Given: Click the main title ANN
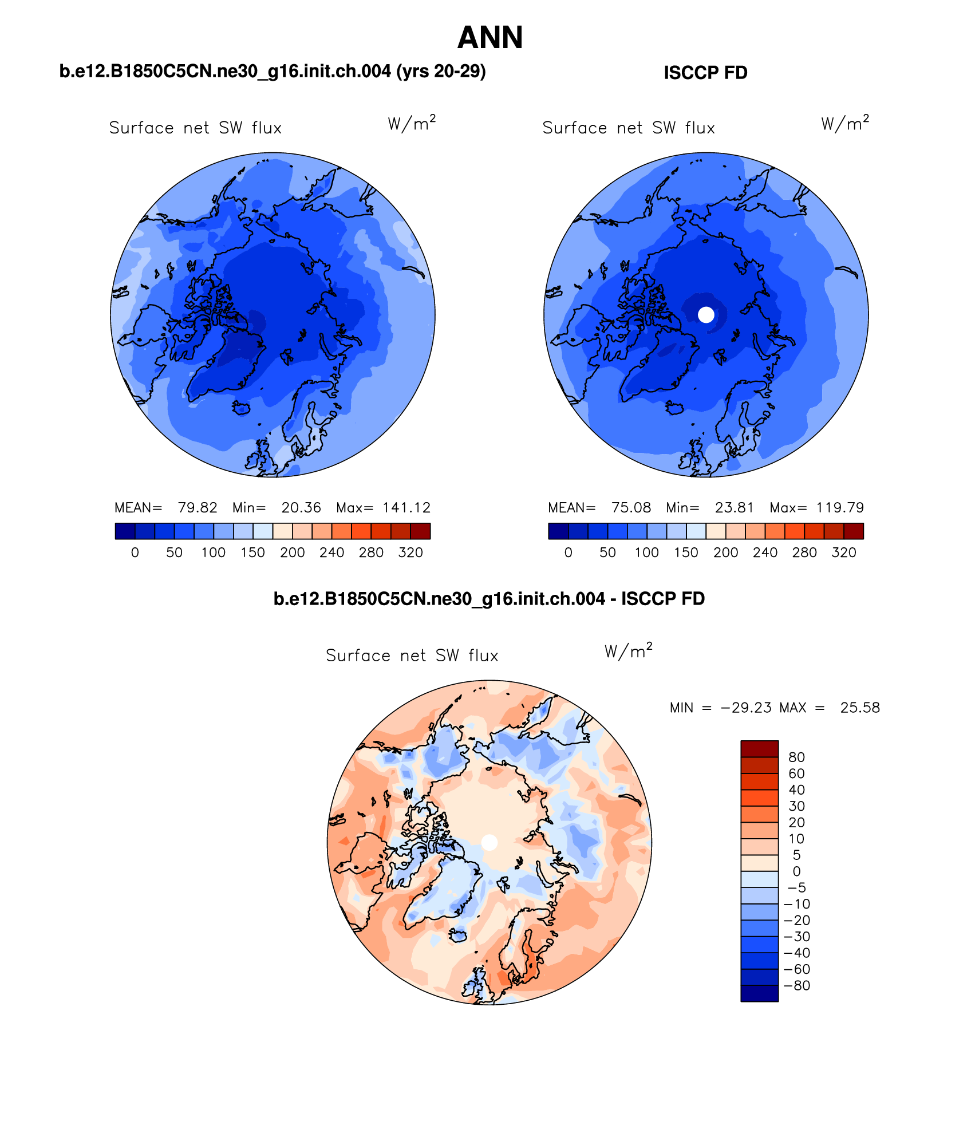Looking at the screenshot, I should click(x=490, y=38).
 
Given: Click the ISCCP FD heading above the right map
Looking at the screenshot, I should click(x=705, y=73).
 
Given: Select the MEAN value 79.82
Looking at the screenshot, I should click(x=198, y=508).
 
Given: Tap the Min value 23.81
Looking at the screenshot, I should click(x=734, y=508).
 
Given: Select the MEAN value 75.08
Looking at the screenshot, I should click(x=631, y=508).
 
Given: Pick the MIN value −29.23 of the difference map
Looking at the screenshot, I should click(x=746, y=708).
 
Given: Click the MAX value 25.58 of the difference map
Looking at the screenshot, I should click(x=860, y=708).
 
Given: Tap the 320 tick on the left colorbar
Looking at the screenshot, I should click(x=410, y=552).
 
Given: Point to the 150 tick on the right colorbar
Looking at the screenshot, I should click(x=686, y=552).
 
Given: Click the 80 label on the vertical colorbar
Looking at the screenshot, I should click(x=796, y=757).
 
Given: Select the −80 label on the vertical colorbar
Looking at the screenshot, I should click(x=797, y=985).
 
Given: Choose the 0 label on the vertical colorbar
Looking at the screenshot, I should click(x=796, y=871).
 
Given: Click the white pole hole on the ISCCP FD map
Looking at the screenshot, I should click(x=706, y=314).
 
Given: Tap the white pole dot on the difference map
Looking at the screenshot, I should click(x=490, y=842).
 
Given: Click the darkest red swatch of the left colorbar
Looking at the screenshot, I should click(x=420, y=531).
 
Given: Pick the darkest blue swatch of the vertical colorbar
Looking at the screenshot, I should click(x=759, y=993).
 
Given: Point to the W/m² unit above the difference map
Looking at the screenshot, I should click(x=628, y=651).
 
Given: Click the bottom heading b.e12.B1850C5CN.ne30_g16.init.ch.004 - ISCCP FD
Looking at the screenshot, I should click(x=489, y=599).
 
